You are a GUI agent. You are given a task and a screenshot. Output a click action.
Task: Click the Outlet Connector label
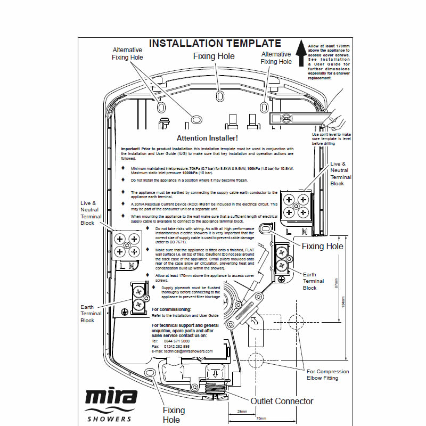(282, 401)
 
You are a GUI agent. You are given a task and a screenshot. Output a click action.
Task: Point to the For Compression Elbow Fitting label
(329, 375)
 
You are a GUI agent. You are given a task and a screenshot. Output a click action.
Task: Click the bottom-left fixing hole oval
(150, 371)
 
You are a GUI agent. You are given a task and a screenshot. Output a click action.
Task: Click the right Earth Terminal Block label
(310, 281)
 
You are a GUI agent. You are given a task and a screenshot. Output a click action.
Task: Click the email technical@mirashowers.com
(182, 351)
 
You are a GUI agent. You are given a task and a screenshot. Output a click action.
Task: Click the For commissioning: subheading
(171, 309)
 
